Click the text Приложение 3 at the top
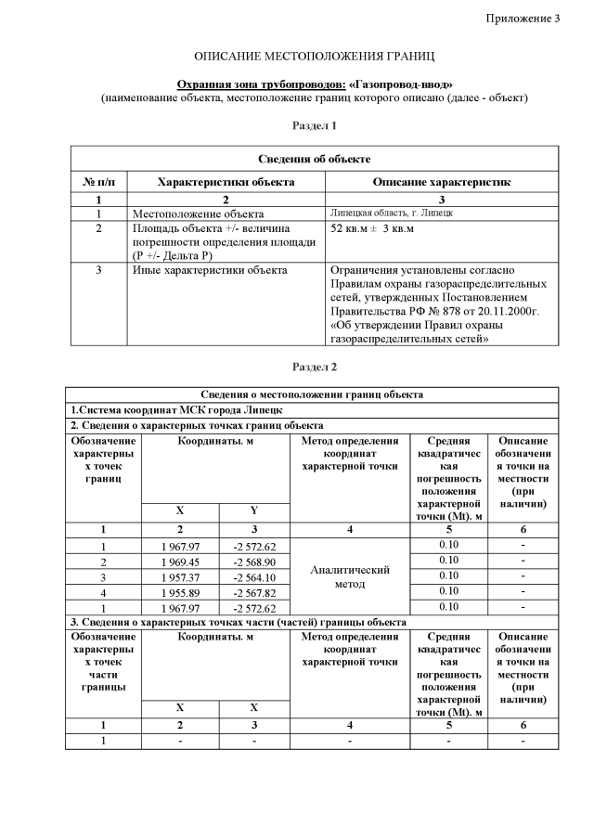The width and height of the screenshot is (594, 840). coord(523,19)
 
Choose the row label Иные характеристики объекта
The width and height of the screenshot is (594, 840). coord(210,270)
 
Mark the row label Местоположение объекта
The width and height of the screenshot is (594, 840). coord(191,213)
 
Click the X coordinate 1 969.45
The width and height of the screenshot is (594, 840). coord(180,561)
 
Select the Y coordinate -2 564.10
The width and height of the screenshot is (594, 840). coord(254,575)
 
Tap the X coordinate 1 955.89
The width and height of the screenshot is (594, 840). coord(180,591)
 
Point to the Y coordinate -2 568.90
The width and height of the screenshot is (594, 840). coord(254,561)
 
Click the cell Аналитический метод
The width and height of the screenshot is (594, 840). coord(349,576)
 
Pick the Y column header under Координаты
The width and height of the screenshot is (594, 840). coord(254,510)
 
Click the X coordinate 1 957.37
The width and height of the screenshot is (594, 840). coord(180,575)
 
